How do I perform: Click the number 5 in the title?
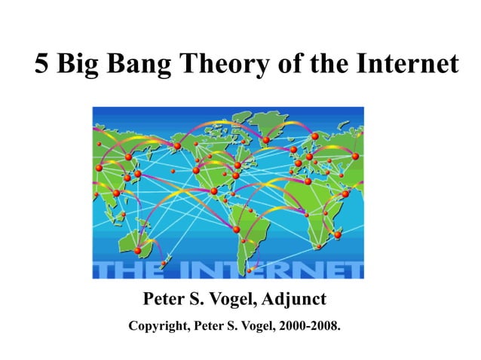pos(43,66)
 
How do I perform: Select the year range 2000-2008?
pos(307,328)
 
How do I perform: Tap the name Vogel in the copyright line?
pos(252,328)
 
